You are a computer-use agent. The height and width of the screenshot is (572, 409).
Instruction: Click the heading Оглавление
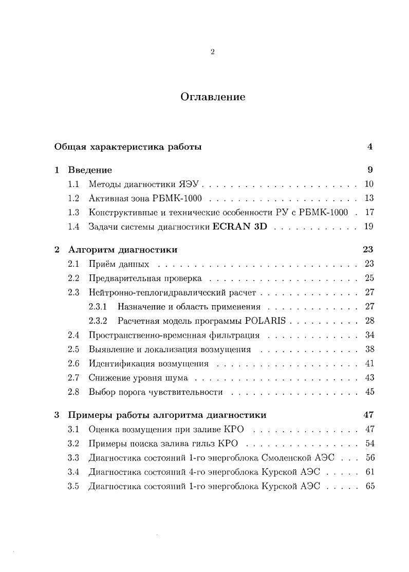[x=213, y=97]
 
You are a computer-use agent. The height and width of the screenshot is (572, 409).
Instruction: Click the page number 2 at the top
[x=213, y=51]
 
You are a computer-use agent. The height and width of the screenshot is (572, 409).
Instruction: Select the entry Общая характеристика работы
[x=128, y=147]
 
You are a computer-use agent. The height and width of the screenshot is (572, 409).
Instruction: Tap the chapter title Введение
[x=90, y=170]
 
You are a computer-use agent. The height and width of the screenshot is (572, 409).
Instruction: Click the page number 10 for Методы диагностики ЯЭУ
[x=368, y=184]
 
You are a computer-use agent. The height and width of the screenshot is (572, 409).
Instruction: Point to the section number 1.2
[x=73, y=198]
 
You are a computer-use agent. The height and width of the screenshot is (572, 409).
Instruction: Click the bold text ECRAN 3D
[x=239, y=226]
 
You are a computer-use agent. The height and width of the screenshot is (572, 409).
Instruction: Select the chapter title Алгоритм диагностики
[x=123, y=250]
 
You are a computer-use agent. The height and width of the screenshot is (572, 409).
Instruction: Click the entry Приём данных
[x=119, y=264]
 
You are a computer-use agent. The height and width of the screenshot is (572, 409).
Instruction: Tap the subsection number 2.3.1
[x=98, y=307]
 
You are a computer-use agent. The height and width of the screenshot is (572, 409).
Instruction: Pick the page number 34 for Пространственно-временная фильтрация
[x=368, y=336]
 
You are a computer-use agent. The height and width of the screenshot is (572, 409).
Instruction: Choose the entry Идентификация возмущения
[x=148, y=364]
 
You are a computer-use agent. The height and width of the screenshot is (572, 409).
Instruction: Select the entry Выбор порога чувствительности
[x=156, y=392]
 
